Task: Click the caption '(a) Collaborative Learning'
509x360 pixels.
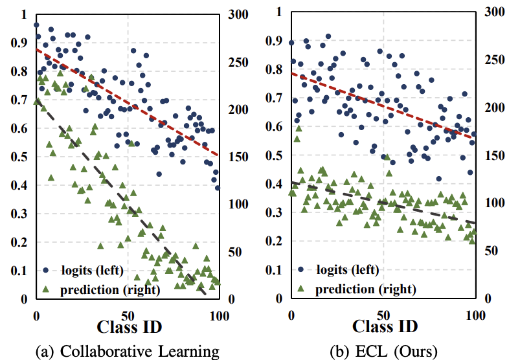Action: coord(127,351)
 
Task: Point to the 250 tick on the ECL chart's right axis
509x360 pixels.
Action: coord(495,60)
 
